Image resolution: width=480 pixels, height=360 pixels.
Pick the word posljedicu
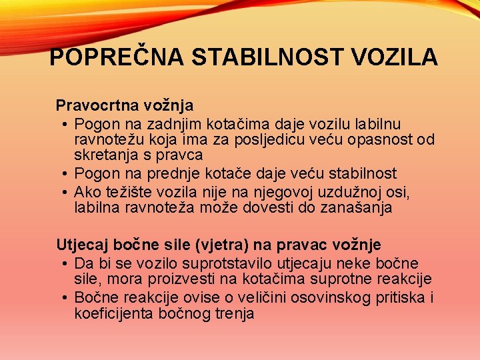click(285, 140)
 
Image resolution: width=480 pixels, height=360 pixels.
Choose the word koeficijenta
click(115, 313)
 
